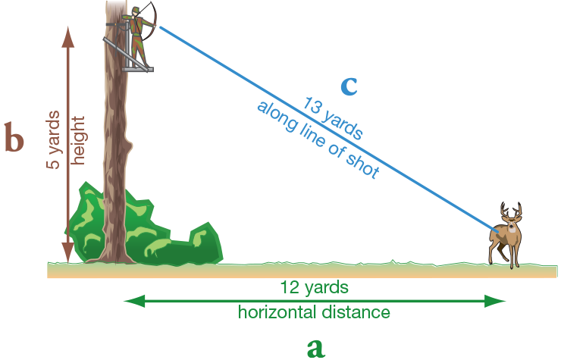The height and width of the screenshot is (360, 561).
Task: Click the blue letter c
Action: (x=348, y=85)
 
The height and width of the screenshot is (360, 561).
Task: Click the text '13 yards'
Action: (x=333, y=118)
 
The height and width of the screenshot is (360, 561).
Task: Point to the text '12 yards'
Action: (x=314, y=287)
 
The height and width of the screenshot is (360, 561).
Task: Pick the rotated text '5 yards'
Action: (x=55, y=143)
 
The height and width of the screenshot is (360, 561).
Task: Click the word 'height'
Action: (x=77, y=141)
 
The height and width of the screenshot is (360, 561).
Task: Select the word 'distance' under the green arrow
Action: (x=359, y=311)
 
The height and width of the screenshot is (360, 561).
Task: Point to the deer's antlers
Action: (x=510, y=210)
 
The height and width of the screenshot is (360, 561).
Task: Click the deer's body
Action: (x=503, y=239)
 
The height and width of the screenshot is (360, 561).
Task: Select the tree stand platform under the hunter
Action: (x=141, y=69)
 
